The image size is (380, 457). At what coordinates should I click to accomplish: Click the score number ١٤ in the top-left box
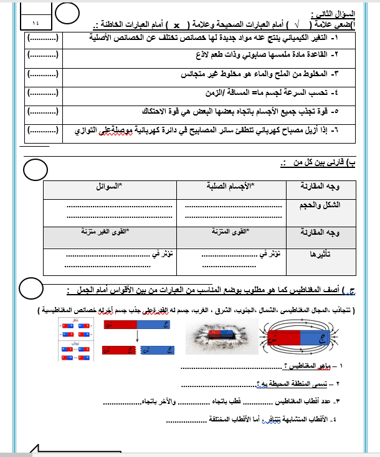coord(32,21)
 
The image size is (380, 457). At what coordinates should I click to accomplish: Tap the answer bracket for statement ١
coord(45,38)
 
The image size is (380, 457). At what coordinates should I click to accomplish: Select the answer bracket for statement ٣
coord(45,74)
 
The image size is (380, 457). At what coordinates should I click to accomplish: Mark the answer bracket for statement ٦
coord(45,131)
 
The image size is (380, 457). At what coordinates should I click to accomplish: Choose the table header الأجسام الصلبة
coord(231,186)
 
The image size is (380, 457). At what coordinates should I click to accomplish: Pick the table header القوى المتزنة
coord(230,232)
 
